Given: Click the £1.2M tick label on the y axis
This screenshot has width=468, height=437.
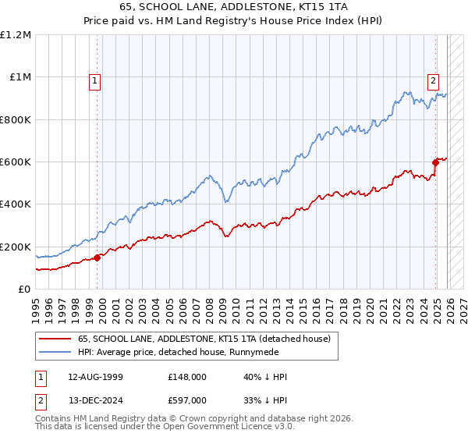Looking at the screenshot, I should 16,35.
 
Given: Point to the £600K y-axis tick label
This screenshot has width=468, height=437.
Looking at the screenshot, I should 16,162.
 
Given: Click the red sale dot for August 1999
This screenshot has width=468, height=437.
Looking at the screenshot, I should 97,258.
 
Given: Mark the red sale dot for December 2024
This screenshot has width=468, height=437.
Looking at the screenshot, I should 436,162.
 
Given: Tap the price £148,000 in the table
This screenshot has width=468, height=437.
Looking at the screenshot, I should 187,377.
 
